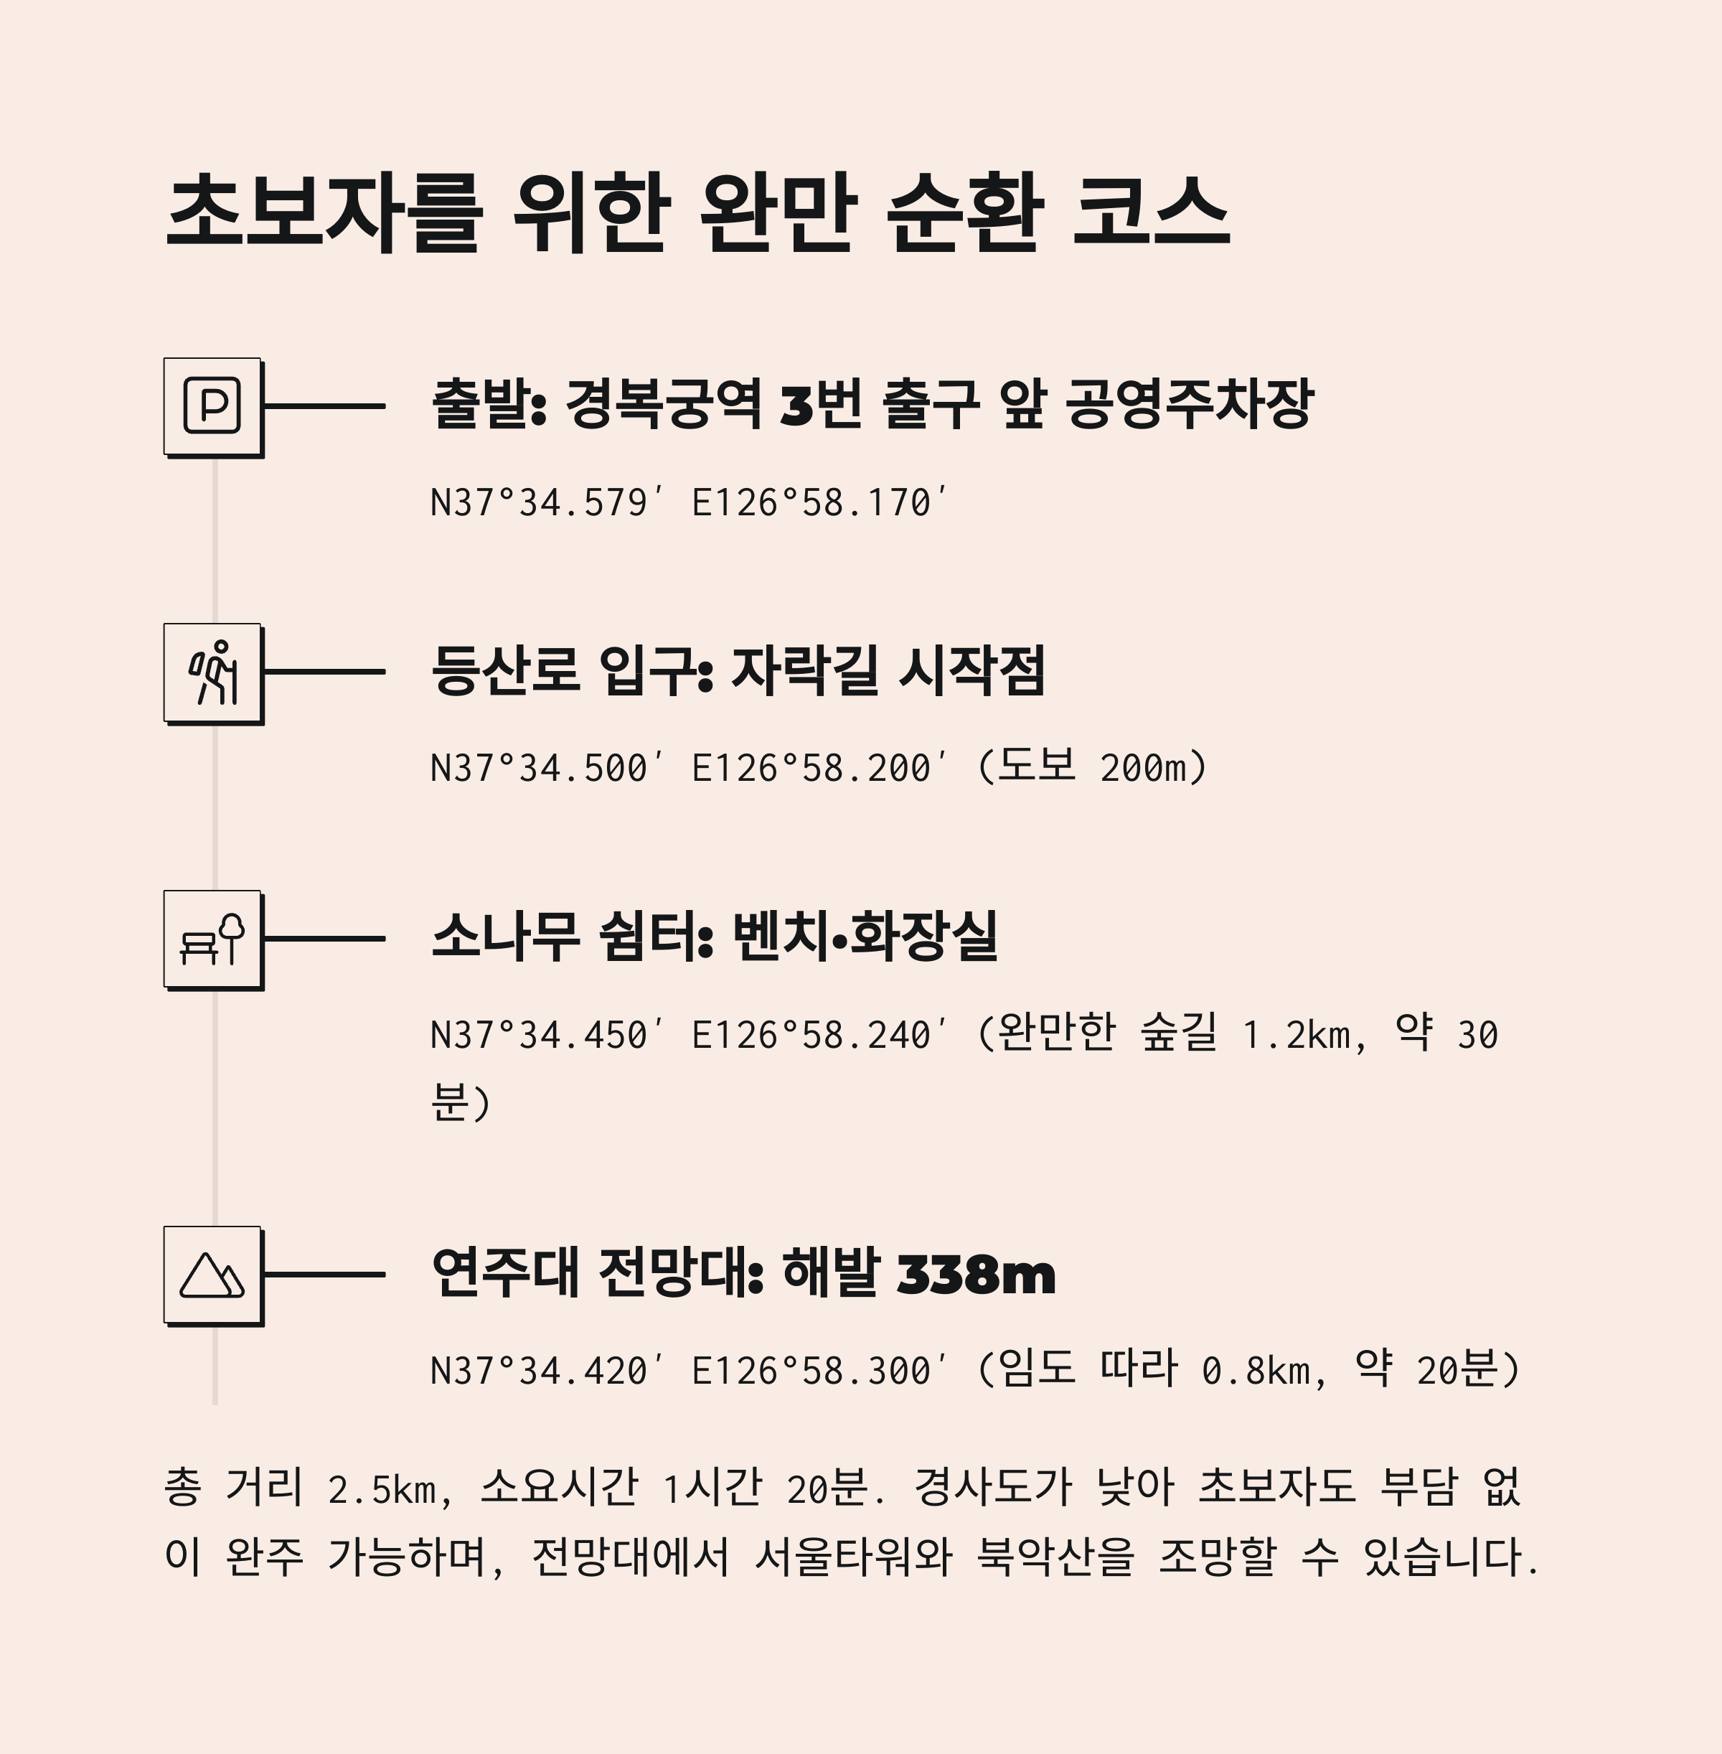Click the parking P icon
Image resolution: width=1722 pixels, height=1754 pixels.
[x=212, y=406]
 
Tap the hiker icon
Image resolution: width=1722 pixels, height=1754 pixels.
[x=212, y=672]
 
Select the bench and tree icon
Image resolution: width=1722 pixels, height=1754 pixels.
[x=212, y=939]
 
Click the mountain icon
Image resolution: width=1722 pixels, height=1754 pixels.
[x=212, y=1275]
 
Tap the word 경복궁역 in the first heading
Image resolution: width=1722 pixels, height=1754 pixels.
[x=663, y=403]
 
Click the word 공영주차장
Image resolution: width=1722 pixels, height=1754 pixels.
[x=1190, y=403]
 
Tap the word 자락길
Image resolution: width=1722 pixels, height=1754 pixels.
[x=804, y=670]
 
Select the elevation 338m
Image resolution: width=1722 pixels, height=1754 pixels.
[x=976, y=1275]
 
